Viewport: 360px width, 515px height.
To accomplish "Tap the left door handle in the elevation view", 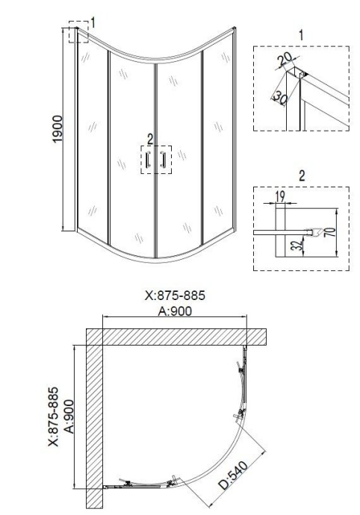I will pyautogui.click(x=148, y=159).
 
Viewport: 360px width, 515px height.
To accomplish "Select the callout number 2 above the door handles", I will pyautogui.click(x=149, y=137).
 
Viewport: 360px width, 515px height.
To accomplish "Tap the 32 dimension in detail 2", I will pyautogui.click(x=297, y=246).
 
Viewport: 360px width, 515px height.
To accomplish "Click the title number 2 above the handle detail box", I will pyautogui.click(x=301, y=176).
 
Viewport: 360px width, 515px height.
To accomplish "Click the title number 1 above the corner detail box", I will pyautogui.click(x=300, y=34).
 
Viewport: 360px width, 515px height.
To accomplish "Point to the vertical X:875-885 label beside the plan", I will pyautogui.click(x=52, y=415).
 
